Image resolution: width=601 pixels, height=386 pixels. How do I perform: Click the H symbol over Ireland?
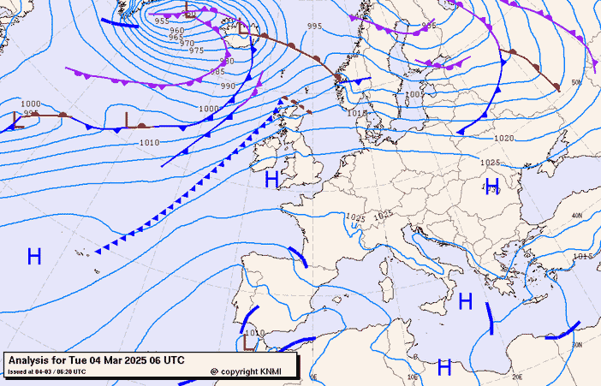pyautogui.click(x=271, y=179)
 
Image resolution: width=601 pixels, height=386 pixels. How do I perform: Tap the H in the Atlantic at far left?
pyautogui.click(x=34, y=256)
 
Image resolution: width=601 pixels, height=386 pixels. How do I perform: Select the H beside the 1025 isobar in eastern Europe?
pyautogui.click(x=492, y=187)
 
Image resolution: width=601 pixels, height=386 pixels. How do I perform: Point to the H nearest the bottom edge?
pyautogui.click(x=444, y=367)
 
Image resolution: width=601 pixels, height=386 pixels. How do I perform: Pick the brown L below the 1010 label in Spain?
pyautogui.click(x=248, y=342)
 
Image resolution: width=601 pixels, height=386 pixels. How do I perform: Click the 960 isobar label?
pyautogui.click(x=176, y=31)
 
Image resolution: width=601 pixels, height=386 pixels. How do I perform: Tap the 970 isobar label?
pyautogui.click(x=187, y=43)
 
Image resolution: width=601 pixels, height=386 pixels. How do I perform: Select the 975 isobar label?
pyautogui.click(x=196, y=50)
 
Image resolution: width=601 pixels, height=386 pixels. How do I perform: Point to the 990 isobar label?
pyautogui.click(x=228, y=86)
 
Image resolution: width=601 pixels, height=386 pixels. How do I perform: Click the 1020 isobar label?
pyautogui.click(x=503, y=138)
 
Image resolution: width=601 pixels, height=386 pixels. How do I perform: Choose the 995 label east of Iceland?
pyautogui.click(x=314, y=27)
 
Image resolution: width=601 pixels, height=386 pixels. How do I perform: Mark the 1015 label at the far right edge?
pyautogui.click(x=583, y=256)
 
